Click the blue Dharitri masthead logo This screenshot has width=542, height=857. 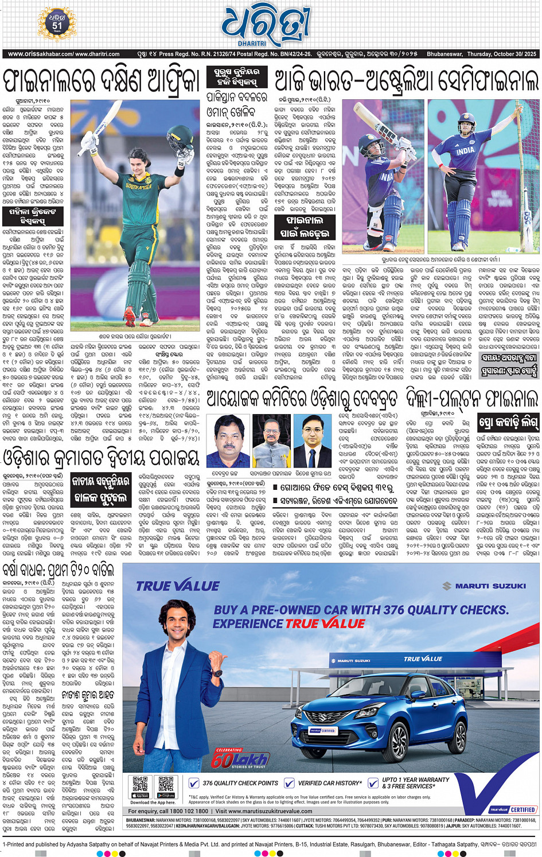click(265, 26)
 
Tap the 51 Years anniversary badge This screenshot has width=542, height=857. click(57, 24)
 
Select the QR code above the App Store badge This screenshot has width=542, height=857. click(140, 784)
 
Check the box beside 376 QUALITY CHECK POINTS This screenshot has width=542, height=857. click(194, 783)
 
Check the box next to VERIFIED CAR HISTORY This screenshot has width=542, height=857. click(289, 783)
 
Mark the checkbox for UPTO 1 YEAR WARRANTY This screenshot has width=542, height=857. click(373, 783)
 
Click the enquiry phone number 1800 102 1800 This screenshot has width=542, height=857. click(189, 811)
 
